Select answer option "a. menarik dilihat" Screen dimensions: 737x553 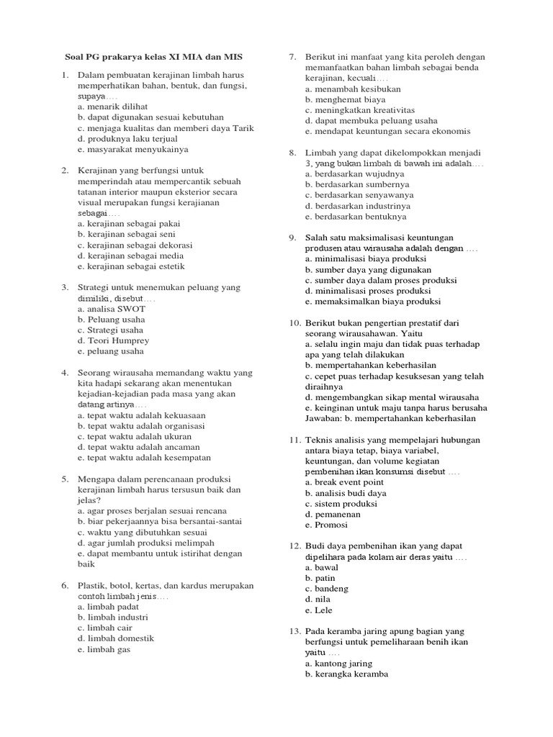(113, 107)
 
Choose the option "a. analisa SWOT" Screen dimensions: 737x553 (112, 309)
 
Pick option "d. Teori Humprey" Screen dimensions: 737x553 (114, 340)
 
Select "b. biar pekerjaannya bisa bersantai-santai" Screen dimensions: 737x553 (160, 521)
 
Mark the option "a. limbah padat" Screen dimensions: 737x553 (109, 607)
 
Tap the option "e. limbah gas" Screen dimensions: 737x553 (104, 648)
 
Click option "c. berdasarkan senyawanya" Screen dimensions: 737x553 (359, 195)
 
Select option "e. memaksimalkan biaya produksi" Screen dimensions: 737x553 (373, 302)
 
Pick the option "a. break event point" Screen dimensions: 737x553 (344, 482)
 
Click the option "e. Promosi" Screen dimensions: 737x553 (327, 525)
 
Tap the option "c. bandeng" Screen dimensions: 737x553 (327, 589)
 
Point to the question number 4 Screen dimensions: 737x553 (65, 373)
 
